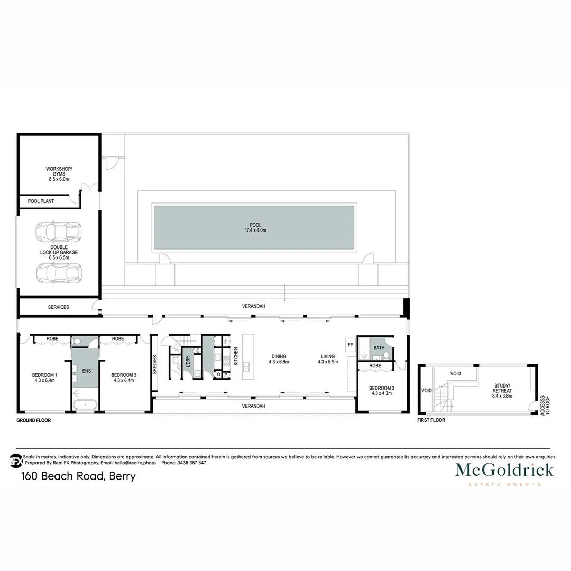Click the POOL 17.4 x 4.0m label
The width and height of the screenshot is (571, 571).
pos(255,228)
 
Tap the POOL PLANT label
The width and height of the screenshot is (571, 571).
pos(41,201)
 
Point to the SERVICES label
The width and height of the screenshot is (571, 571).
pos(58,307)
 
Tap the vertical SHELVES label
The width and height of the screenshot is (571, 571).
pos(155,364)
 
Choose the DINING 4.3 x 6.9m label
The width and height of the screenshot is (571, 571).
pos(279,359)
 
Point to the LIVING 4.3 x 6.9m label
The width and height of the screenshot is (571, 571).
pos(326,359)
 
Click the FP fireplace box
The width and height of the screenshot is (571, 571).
pos(351,345)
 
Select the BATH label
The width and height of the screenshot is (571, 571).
pos(379,348)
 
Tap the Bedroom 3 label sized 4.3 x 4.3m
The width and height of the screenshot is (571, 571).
pos(382,390)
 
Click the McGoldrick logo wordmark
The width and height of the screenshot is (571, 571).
pos(504,469)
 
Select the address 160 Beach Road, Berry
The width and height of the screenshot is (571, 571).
pos(78,476)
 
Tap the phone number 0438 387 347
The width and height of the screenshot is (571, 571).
pos(191,463)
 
